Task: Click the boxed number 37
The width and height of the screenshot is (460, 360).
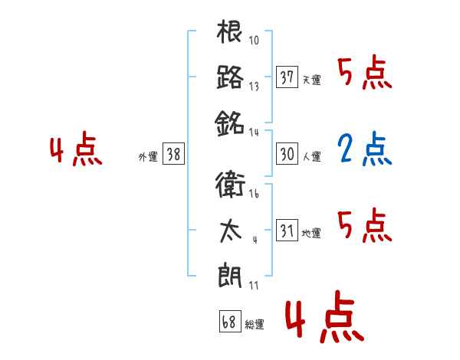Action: tap(287, 77)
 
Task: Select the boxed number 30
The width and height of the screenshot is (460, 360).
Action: tap(287, 154)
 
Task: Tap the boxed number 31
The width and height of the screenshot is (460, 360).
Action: tap(287, 230)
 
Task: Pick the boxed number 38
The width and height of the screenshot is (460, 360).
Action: tap(173, 154)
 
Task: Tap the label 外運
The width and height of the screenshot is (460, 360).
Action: tap(148, 156)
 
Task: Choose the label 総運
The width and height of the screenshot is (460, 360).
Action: tap(254, 324)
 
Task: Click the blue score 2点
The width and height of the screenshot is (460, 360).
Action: tap(364, 150)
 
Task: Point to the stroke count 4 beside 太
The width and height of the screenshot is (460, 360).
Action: tap(254, 240)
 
